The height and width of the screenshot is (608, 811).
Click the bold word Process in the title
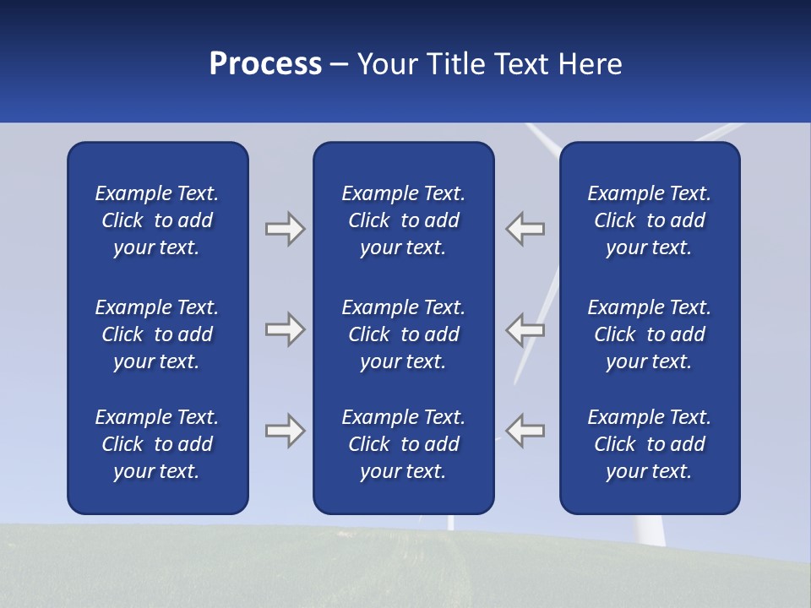(x=265, y=64)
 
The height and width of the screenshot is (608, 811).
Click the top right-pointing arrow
(x=285, y=229)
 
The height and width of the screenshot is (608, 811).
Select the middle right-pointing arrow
(x=285, y=329)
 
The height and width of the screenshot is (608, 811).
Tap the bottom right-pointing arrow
(x=285, y=430)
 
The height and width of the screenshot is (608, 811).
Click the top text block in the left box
(x=157, y=220)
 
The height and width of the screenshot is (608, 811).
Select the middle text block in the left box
(x=157, y=334)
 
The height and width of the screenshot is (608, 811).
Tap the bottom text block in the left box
(x=157, y=444)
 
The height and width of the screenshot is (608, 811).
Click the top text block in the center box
(x=404, y=220)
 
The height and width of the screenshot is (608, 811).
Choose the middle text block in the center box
(x=404, y=334)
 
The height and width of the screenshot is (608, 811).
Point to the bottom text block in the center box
(x=404, y=444)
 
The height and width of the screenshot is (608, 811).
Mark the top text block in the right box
(x=650, y=220)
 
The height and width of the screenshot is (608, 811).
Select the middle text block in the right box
(x=650, y=334)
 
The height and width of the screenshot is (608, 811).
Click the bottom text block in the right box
(x=650, y=444)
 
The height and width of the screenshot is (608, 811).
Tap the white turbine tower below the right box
(x=647, y=530)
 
